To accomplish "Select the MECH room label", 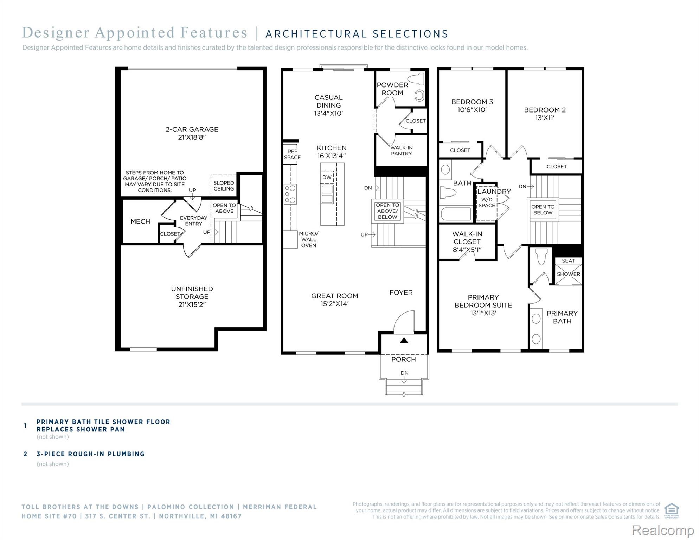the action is [140, 221].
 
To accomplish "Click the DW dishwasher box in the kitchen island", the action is [327, 177].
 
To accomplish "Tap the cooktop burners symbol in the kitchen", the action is [290, 194].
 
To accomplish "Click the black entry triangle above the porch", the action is [404, 340].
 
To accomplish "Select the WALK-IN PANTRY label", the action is [402, 151].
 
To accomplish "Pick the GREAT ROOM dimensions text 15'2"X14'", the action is [334, 304].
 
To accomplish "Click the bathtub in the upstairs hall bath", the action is [455, 214].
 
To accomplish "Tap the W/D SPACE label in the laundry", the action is [487, 202].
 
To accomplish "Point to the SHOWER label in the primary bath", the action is [569, 274].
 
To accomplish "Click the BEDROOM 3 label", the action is [472, 102].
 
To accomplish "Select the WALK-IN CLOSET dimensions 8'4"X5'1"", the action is [467, 250].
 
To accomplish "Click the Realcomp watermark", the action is [663, 530].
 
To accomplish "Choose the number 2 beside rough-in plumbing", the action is [25, 454].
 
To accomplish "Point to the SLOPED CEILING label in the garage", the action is [224, 186].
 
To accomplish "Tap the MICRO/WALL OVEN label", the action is [308, 239].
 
